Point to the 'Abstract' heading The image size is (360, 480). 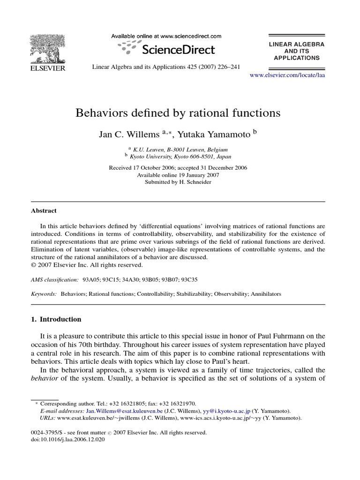(x=44, y=211)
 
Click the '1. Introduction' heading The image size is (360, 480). (x=56, y=319)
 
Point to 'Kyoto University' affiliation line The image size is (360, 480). (x=180, y=157)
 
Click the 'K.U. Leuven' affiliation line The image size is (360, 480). (x=180, y=150)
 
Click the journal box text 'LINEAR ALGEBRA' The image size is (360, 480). (x=296, y=44)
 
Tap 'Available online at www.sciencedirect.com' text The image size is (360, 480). (x=166, y=36)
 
